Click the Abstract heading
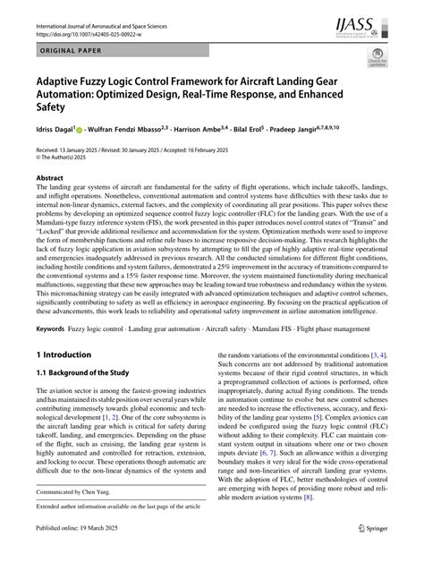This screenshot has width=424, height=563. tap(49, 178)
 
